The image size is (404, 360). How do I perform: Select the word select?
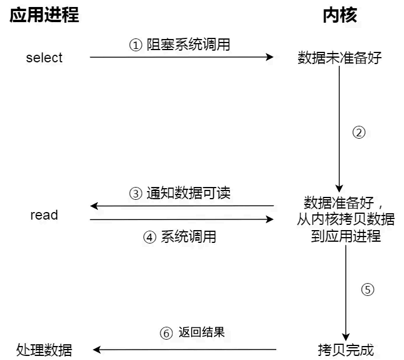(x=44, y=58)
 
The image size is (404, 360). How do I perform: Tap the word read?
(x=44, y=215)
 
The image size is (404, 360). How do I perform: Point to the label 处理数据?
(x=45, y=350)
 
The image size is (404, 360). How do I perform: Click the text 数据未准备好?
(x=340, y=58)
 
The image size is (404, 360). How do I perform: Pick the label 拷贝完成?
(x=346, y=350)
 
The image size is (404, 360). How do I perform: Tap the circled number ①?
(x=135, y=45)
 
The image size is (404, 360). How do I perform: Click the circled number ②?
(x=359, y=132)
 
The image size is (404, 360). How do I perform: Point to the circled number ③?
(x=135, y=193)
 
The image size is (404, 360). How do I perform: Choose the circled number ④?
(x=150, y=237)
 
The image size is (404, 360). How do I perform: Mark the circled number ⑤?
(x=367, y=290)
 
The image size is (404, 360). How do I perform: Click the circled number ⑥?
(x=166, y=333)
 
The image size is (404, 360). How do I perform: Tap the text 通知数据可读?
(x=188, y=193)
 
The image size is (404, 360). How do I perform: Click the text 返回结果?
(x=202, y=333)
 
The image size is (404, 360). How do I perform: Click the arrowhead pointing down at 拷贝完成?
(x=346, y=336)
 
